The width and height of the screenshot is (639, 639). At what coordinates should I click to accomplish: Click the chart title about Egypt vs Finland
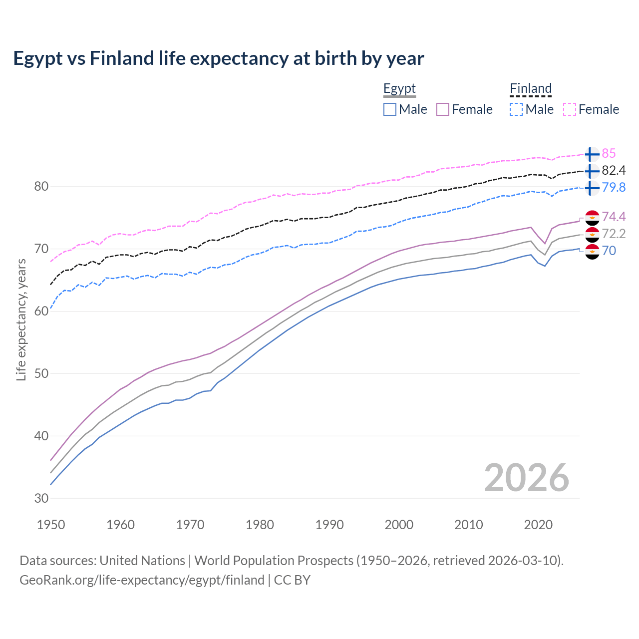218,58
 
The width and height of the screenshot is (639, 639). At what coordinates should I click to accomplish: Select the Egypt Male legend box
390,109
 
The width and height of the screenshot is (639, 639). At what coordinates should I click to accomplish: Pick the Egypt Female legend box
443,109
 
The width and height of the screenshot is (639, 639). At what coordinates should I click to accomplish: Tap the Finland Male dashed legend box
516,109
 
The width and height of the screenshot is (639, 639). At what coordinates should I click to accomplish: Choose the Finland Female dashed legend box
570,109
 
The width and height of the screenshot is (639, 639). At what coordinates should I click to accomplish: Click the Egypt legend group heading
399,89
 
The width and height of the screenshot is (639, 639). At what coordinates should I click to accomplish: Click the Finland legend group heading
531,89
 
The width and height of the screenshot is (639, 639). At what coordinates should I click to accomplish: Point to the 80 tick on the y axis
41,187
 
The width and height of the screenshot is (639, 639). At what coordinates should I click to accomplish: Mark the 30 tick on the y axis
41,498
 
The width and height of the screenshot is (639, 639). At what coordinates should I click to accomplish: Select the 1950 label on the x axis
51,525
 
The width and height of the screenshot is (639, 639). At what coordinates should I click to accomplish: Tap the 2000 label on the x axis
399,525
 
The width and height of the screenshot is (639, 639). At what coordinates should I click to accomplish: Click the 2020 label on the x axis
538,525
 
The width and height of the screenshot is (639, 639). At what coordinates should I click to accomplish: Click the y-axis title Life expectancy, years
21,319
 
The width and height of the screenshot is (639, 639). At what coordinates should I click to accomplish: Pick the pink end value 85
609,153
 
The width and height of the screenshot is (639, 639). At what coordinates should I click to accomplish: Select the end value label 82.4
614,170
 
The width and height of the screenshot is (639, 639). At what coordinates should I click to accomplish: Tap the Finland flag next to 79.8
592,188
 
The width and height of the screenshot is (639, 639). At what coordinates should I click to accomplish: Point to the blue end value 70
609,251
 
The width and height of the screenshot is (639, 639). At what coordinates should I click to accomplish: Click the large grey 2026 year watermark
527,478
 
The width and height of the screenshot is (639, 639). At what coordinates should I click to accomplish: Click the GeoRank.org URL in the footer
142,580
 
